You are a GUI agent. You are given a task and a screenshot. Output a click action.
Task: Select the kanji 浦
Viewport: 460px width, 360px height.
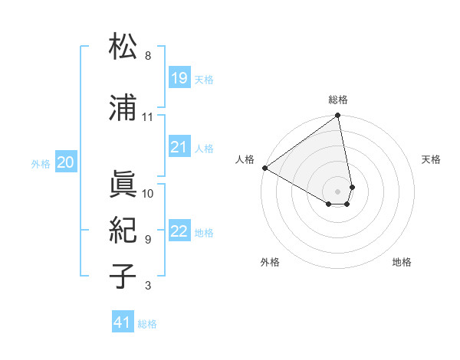pyautogui.click(x=123, y=108)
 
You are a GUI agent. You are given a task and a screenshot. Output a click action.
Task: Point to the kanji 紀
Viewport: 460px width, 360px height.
pyautogui.click(x=123, y=231)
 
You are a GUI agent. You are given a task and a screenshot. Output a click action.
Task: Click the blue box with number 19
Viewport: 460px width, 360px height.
pyautogui.click(x=179, y=78)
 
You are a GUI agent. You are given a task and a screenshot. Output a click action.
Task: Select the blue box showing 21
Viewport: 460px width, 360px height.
pyautogui.click(x=179, y=147)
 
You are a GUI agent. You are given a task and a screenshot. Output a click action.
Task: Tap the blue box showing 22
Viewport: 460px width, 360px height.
pyautogui.click(x=179, y=231)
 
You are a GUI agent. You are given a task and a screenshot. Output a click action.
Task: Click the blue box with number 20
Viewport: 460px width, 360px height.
pyautogui.click(x=65, y=162)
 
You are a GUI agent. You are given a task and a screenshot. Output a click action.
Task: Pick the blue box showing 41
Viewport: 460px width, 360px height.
pyautogui.click(x=123, y=322)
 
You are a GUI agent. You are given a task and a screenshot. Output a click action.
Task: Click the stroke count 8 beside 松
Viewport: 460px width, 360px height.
pyautogui.click(x=148, y=56)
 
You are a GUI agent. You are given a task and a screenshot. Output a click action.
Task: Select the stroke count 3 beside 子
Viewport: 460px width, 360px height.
pyautogui.click(x=148, y=286)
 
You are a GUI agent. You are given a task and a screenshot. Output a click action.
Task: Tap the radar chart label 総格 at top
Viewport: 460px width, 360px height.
pyautogui.click(x=338, y=100)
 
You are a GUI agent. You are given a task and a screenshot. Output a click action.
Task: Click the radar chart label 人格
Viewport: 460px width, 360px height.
pyautogui.click(x=245, y=159)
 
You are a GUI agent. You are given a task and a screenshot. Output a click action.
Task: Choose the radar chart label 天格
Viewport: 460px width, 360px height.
pyautogui.click(x=431, y=159)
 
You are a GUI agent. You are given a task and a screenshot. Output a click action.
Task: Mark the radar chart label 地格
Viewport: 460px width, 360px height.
pyautogui.click(x=402, y=262)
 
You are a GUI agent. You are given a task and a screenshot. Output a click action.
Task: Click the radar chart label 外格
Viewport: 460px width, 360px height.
pyautogui.click(x=270, y=262)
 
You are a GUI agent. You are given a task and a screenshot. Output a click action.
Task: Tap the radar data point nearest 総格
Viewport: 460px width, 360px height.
pyautogui.click(x=337, y=116)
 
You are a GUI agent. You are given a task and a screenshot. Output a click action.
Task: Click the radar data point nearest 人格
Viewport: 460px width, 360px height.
pyautogui.click(x=264, y=167)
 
